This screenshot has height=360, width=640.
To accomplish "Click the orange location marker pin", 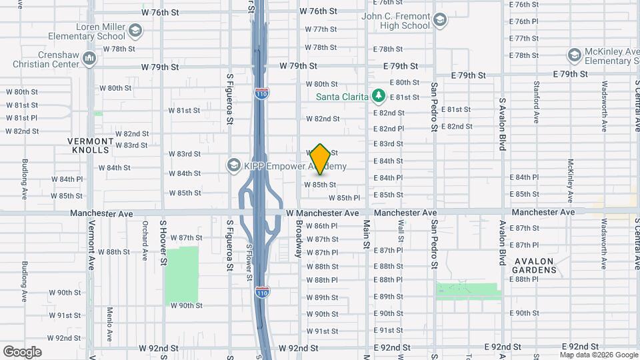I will pos(320,159).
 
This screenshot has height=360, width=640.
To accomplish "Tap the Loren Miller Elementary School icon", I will pos(135,31).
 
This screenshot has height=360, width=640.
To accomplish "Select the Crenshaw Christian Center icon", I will pos(89,59).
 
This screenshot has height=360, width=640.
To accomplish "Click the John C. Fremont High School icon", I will pos(439,20).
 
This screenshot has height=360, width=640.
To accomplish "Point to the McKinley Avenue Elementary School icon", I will pos(574,55).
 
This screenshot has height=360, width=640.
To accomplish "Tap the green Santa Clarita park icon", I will pos(379,97).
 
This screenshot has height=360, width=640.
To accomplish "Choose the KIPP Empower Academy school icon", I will pos(233,165).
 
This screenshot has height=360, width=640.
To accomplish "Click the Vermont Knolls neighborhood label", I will pos(91,145).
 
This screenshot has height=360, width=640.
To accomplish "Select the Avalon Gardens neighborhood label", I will pos(534,265).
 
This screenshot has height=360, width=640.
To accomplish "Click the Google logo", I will pos(22,351).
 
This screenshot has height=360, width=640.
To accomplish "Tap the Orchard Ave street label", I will pos(145,240).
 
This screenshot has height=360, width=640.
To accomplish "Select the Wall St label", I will pos(401,233).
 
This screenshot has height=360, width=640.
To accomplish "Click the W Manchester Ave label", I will pos(323,213).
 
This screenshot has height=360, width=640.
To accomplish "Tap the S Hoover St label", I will pos(162,240).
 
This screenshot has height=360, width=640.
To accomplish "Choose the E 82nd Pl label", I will pos(389,129).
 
